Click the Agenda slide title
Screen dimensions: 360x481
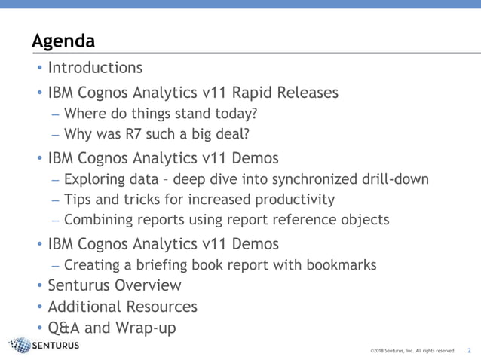(63, 40)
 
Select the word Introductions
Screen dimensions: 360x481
(95, 68)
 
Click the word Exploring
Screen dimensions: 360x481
(95, 179)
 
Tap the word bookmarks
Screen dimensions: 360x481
(338, 265)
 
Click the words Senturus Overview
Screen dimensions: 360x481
(115, 286)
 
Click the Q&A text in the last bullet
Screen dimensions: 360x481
(66, 328)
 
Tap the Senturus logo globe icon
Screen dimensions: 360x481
(20, 346)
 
